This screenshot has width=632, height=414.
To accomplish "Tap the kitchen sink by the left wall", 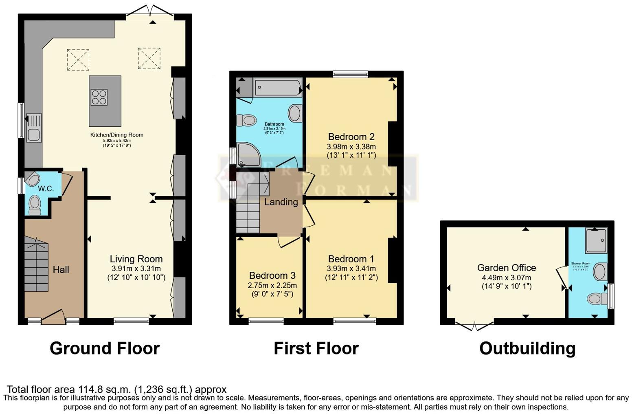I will tap(34, 128).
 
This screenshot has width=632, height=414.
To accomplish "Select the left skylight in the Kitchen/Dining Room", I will tap(78, 59).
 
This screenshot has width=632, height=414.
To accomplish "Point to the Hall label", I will tap(61, 269).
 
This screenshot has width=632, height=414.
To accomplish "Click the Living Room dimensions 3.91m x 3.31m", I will tap(136, 269).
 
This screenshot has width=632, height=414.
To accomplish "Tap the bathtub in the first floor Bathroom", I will tap(277, 88).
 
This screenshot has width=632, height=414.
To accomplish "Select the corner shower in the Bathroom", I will tap(248, 154).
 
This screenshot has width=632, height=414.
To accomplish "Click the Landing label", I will tap(281, 202).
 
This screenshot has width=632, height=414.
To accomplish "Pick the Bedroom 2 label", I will tap(351, 137).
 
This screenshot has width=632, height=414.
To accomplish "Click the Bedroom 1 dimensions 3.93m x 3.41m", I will tap(351, 269).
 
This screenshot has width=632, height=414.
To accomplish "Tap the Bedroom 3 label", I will tap(272, 276).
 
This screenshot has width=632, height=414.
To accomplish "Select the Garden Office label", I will tap(506, 268).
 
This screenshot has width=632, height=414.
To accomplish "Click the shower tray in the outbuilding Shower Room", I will tap(596, 240).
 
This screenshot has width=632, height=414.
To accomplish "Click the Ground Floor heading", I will tap(105, 348).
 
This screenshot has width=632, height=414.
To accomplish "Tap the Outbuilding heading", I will tap(527, 348).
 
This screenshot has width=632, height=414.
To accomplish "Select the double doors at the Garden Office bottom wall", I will tap(474, 326).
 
